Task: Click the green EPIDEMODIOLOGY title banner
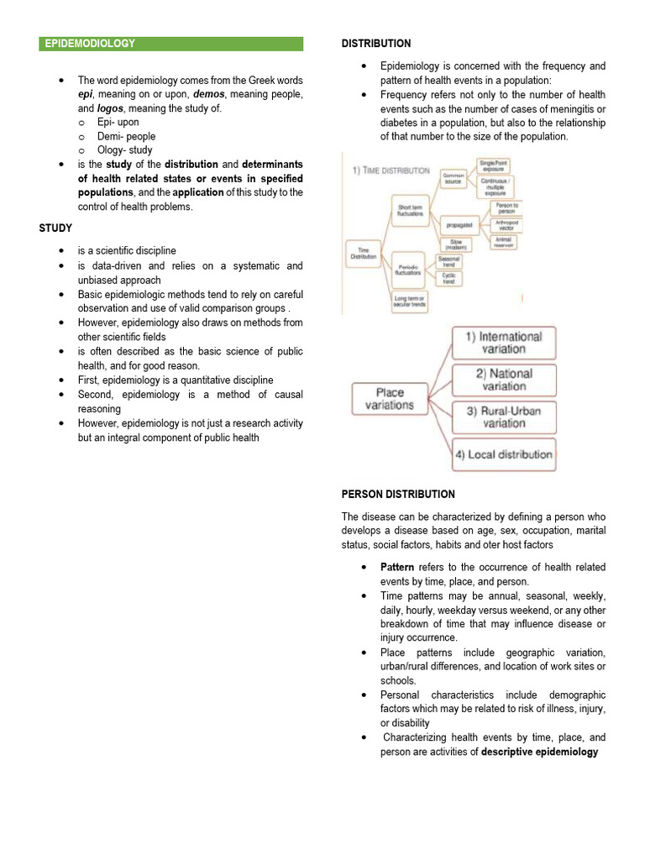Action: [170, 44]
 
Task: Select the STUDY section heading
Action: [55, 228]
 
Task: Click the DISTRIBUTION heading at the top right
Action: [375, 44]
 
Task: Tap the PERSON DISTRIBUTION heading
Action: [398, 495]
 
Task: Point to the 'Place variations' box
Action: [389, 399]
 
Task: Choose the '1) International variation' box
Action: [504, 343]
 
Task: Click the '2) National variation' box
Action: [504, 380]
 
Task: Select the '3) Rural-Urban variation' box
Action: [504, 417]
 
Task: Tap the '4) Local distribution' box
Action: [504, 454]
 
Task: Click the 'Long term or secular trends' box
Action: [410, 301]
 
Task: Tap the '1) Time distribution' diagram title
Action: [391, 170]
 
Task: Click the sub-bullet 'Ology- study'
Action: [126, 150]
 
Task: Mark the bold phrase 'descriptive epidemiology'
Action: [539, 752]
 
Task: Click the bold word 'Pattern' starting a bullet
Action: [398, 567]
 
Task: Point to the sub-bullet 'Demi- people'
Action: [126, 136]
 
